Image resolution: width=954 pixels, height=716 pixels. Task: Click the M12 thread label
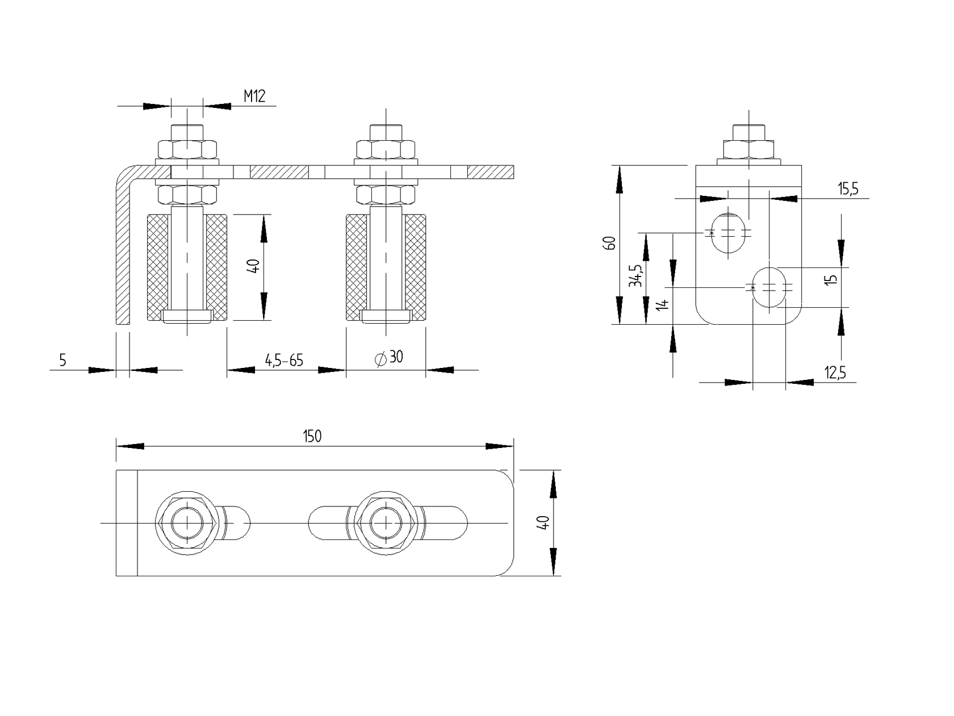pyautogui.click(x=254, y=96)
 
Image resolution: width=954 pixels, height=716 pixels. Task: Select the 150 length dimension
pyautogui.click(x=312, y=436)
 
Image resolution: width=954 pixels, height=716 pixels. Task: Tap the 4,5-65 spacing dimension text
pyautogui.click(x=284, y=360)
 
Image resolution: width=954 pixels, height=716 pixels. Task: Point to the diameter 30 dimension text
pyautogui.click(x=390, y=357)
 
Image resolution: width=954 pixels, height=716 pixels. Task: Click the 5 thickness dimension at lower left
pyautogui.click(x=62, y=360)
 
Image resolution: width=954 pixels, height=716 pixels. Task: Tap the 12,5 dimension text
pyautogui.click(x=835, y=372)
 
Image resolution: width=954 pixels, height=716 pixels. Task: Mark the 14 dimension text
pyautogui.click(x=662, y=303)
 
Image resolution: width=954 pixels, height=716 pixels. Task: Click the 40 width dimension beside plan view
pyautogui.click(x=543, y=522)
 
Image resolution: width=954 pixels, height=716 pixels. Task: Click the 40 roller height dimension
pyautogui.click(x=254, y=266)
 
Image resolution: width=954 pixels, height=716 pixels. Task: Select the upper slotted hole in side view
pyautogui.click(x=728, y=233)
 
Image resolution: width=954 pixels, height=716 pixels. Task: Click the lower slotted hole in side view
pyautogui.click(x=769, y=287)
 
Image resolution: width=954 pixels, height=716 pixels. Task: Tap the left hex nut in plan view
pyautogui.click(x=187, y=522)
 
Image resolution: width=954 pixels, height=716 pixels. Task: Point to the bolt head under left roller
pyautogui.click(x=187, y=316)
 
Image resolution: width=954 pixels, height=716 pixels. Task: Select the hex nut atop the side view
pyautogui.click(x=748, y=149)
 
